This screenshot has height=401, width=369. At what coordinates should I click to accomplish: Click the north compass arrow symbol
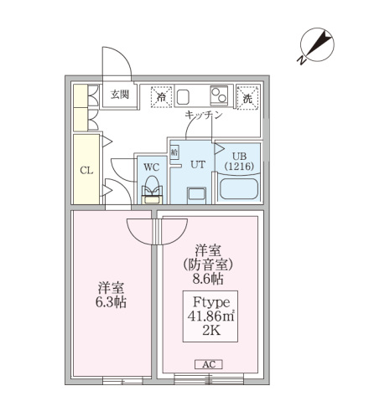point(313,47)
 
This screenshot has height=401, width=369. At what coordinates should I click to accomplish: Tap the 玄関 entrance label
point(119,94)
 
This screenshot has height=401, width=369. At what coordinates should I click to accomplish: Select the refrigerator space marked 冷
point(161,97)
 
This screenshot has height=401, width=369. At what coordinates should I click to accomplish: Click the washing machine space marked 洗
point(247,97)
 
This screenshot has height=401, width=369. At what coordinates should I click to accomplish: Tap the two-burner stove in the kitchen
point(220,94)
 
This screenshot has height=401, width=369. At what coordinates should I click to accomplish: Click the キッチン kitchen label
point(203,116)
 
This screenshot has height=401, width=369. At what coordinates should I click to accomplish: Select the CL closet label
point(86,171)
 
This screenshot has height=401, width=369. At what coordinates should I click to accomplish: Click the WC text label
point(152,167)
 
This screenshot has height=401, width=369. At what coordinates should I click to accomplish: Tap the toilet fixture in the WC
point(152,193)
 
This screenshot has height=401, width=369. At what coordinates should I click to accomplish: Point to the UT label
point(198,165)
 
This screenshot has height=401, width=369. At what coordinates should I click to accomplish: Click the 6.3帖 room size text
point(110,302)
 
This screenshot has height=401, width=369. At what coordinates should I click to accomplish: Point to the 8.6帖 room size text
point(207,280)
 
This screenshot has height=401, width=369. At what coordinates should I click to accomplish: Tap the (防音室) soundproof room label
point(207,265)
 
